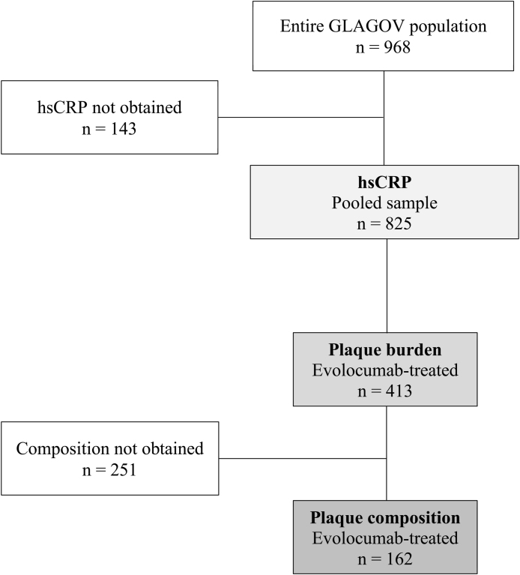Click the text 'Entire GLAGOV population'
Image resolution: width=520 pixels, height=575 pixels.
pos(383,26)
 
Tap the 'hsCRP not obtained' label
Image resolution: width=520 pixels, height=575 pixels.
pos(109,106)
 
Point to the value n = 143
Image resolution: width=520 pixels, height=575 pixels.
pos(109,128)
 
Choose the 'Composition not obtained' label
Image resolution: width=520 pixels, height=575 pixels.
pos(109,449)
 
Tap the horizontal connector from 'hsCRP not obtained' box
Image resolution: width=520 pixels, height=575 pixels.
pos(300,117)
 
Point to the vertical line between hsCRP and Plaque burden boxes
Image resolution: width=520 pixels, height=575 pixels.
pos(385,285)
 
